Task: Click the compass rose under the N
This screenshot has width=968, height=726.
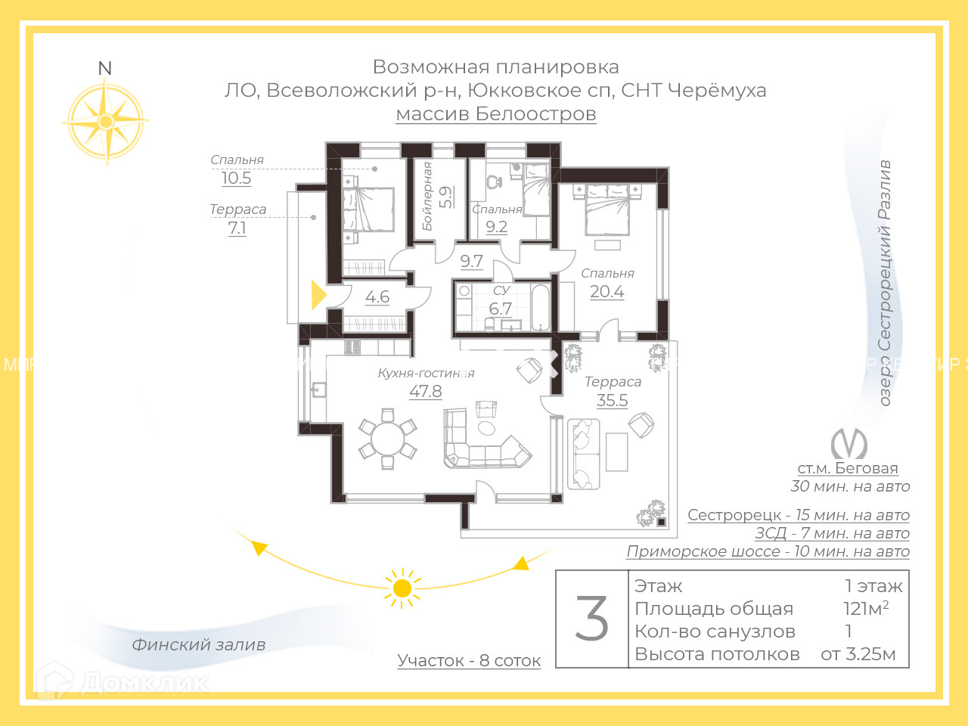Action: click(x=106, y=121)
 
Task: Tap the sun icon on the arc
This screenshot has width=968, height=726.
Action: click(x=402, y=588)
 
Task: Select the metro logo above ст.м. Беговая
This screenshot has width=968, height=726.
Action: click(x=849, y=444)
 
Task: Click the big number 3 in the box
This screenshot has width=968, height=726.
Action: click(x=591, y=619)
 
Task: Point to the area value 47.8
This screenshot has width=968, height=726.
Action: click(x=425, y=391)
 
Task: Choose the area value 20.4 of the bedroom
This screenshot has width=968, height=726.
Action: click(x=607, y=291)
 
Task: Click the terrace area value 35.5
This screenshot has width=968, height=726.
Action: click(x=612, y=400)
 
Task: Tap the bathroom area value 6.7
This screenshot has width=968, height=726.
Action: click(x=500, y=309)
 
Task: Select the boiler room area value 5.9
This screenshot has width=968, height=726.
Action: click(x=446, y=197)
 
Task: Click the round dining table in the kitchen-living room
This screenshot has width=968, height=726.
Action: click(x=387, y=439)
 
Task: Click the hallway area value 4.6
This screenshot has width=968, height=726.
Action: click(x=377, y=297)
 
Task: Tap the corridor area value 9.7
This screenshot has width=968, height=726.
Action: click(x=471, y=261)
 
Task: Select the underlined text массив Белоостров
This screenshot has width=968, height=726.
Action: click(x=496, y=114)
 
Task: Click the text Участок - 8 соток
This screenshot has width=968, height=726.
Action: click(x=469, y=661)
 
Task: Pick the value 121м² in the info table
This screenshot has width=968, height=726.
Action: click(x=866, y=609)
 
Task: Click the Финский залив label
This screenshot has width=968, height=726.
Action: click(x=199, y=645)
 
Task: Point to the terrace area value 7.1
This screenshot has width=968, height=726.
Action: click(x=237, y=228)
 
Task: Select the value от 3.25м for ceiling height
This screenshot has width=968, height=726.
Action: click(x=858, y=654)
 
